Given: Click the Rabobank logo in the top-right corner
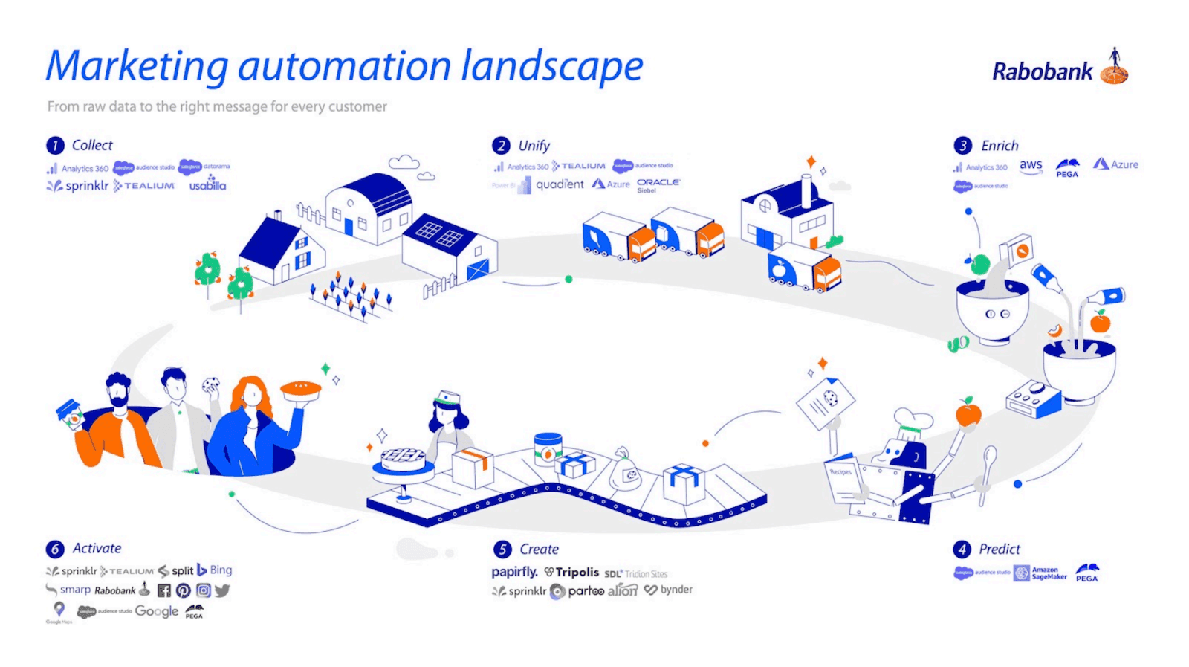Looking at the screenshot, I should click(x=1059, y=70).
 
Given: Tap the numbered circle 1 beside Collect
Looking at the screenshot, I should click(x=55, y=146).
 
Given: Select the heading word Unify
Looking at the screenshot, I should click(x=534, y=146).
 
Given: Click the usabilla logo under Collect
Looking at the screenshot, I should click(x=207, y=184).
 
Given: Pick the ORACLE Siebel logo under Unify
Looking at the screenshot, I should click(x=658, y=184).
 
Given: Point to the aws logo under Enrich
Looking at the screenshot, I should click(x=1031, y=166).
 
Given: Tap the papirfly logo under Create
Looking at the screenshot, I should click(x=514, y=572).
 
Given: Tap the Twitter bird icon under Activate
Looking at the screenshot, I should click(x=222, y=590).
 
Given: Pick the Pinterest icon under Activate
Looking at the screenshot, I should click(x=184, y=590).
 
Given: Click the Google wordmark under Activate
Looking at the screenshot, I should click(x=156, y=611).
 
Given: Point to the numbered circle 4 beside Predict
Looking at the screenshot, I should click(x=962, y=550).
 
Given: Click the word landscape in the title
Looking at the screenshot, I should click(x=551, y=66).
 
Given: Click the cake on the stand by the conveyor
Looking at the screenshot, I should click(x=403, y=459).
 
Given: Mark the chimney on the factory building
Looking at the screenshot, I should click(x=806, y=192).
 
